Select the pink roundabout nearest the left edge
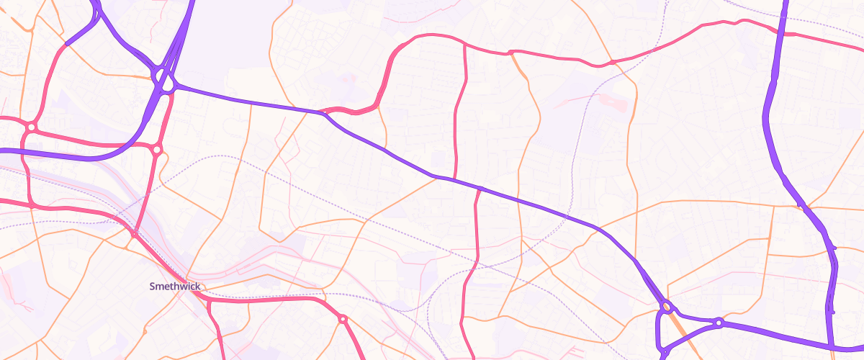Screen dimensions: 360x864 coord(31,127)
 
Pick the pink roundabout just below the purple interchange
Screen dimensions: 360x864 coord(157,150)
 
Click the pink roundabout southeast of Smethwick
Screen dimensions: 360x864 coord(343,318)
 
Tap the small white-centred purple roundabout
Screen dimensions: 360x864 coord(718,323)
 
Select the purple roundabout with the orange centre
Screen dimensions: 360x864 coord(667,307)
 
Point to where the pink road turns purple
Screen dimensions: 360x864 coord(66,44)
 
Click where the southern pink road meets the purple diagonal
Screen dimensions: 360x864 coord(480,189)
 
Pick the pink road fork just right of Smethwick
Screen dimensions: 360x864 coord(208,301)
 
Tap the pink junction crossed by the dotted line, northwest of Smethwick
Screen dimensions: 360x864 coord(134,234)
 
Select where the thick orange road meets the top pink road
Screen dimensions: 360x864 coord(510,53)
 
